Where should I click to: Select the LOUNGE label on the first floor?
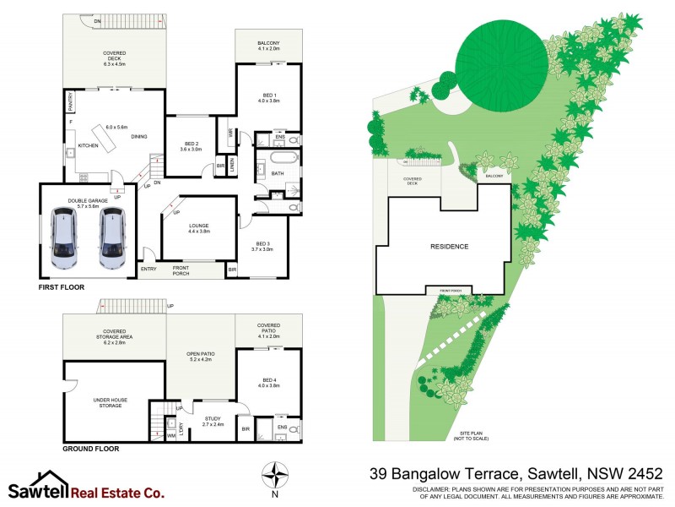(199, 226)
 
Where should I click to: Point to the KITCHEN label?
(89, 146)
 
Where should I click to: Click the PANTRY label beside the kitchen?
(70, 103)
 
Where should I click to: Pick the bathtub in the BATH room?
(278, 158)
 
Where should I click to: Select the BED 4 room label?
(268, 381)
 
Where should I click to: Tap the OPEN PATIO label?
(199, 355)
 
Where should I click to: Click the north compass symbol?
(273, 473)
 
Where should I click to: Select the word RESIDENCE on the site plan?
(449, 247)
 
